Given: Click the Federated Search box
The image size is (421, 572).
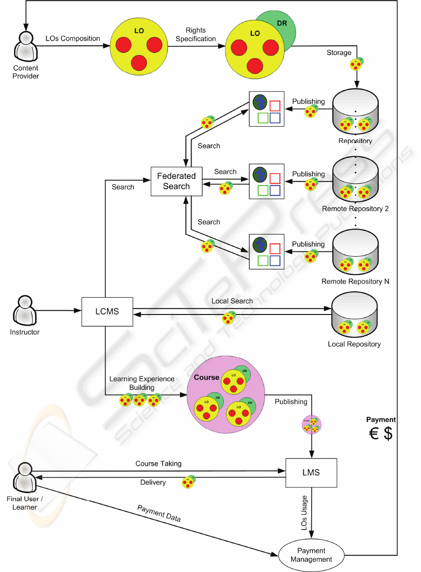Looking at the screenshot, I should tap(176, 181).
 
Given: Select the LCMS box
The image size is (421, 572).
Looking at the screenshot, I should tap(107, 311).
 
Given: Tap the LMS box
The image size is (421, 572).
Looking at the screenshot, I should tap(311, 472).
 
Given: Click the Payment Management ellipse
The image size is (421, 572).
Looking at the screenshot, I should tap(311, 555).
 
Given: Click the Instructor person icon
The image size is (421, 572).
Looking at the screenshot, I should tap(25, 311).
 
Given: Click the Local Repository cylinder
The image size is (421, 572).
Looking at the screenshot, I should tap(354, 315).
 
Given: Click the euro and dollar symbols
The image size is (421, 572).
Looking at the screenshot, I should tap(381, 433).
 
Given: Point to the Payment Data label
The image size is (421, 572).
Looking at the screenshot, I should tap(159, 513).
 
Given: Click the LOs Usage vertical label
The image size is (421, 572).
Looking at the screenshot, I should tap(304, 513).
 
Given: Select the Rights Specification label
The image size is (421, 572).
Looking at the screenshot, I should tap(196, 35).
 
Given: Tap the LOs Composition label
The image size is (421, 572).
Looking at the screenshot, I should tap(72, 38).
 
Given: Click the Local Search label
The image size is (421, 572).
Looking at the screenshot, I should tap(232, 301).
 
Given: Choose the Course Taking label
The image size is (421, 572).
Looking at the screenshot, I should tap(158, 464).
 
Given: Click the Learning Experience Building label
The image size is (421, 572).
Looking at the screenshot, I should tap(142, 383).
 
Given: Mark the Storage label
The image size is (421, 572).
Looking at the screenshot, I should tap(339, 52).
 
